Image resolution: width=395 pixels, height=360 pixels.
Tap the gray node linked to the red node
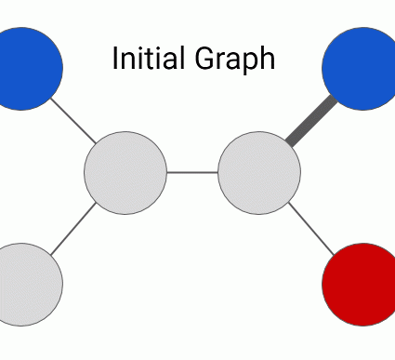(259, 172)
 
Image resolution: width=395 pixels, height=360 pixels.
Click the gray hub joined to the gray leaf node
(125, 172)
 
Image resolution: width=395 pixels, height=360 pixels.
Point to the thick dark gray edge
(308, 121)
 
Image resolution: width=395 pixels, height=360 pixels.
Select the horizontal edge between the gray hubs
(192, 172)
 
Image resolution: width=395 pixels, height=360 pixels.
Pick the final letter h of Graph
(267, 59)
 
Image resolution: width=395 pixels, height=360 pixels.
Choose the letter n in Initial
(125, 61)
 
